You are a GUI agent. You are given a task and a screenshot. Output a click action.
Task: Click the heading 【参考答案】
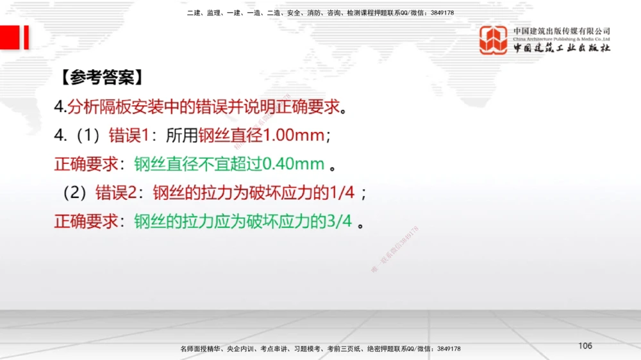pyautogui.click(x=102, y=79)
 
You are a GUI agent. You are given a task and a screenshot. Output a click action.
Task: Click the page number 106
pyautogui.click(x=585, y=346)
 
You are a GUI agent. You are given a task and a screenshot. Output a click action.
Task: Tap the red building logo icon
pyautogui.click(x=494, y=40)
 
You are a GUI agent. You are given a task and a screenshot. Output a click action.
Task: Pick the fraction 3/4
pyautogui.click(x=339, y=221)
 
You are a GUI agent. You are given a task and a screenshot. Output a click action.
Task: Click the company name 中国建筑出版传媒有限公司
pyautogui.click(x=562, y=31)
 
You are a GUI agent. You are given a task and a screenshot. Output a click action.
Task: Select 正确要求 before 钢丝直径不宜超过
pyautogui.click(x=87, y=164)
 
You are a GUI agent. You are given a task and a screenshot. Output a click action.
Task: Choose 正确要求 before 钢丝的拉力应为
pyautogui.click(x=87, y=221)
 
